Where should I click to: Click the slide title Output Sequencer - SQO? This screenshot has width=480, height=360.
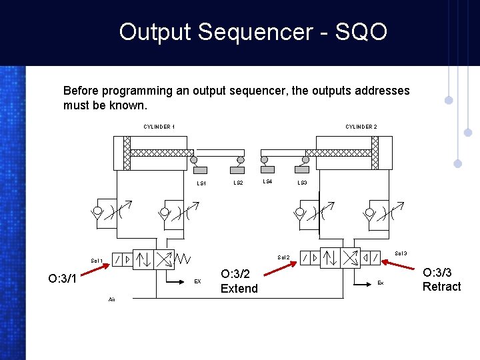[253, 32]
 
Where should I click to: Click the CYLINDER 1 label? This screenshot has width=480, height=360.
[159, 127]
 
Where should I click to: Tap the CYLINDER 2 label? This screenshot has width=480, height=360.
[361, 127]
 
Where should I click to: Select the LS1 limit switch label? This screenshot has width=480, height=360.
[201, 183]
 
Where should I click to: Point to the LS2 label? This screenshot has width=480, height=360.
[238, 183]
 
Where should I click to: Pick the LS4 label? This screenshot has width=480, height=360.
[267, 181]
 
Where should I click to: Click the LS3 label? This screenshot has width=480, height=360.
[302, 183]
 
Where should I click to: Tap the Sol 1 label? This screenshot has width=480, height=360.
[97, 260]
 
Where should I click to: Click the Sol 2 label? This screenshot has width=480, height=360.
[283, 257]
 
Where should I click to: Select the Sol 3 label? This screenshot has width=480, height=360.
[401, 253]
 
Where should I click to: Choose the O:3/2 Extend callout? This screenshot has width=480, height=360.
[239, 281]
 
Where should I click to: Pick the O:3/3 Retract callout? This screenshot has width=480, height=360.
[441, 279]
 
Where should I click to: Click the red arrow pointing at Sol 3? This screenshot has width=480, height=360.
[401, 263]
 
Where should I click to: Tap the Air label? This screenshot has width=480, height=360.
[111, 299]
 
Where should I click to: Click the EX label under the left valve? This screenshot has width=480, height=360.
[197, 282]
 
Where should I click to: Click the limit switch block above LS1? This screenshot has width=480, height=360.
[200, 170]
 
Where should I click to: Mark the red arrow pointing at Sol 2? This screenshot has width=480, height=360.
[280, 268]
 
